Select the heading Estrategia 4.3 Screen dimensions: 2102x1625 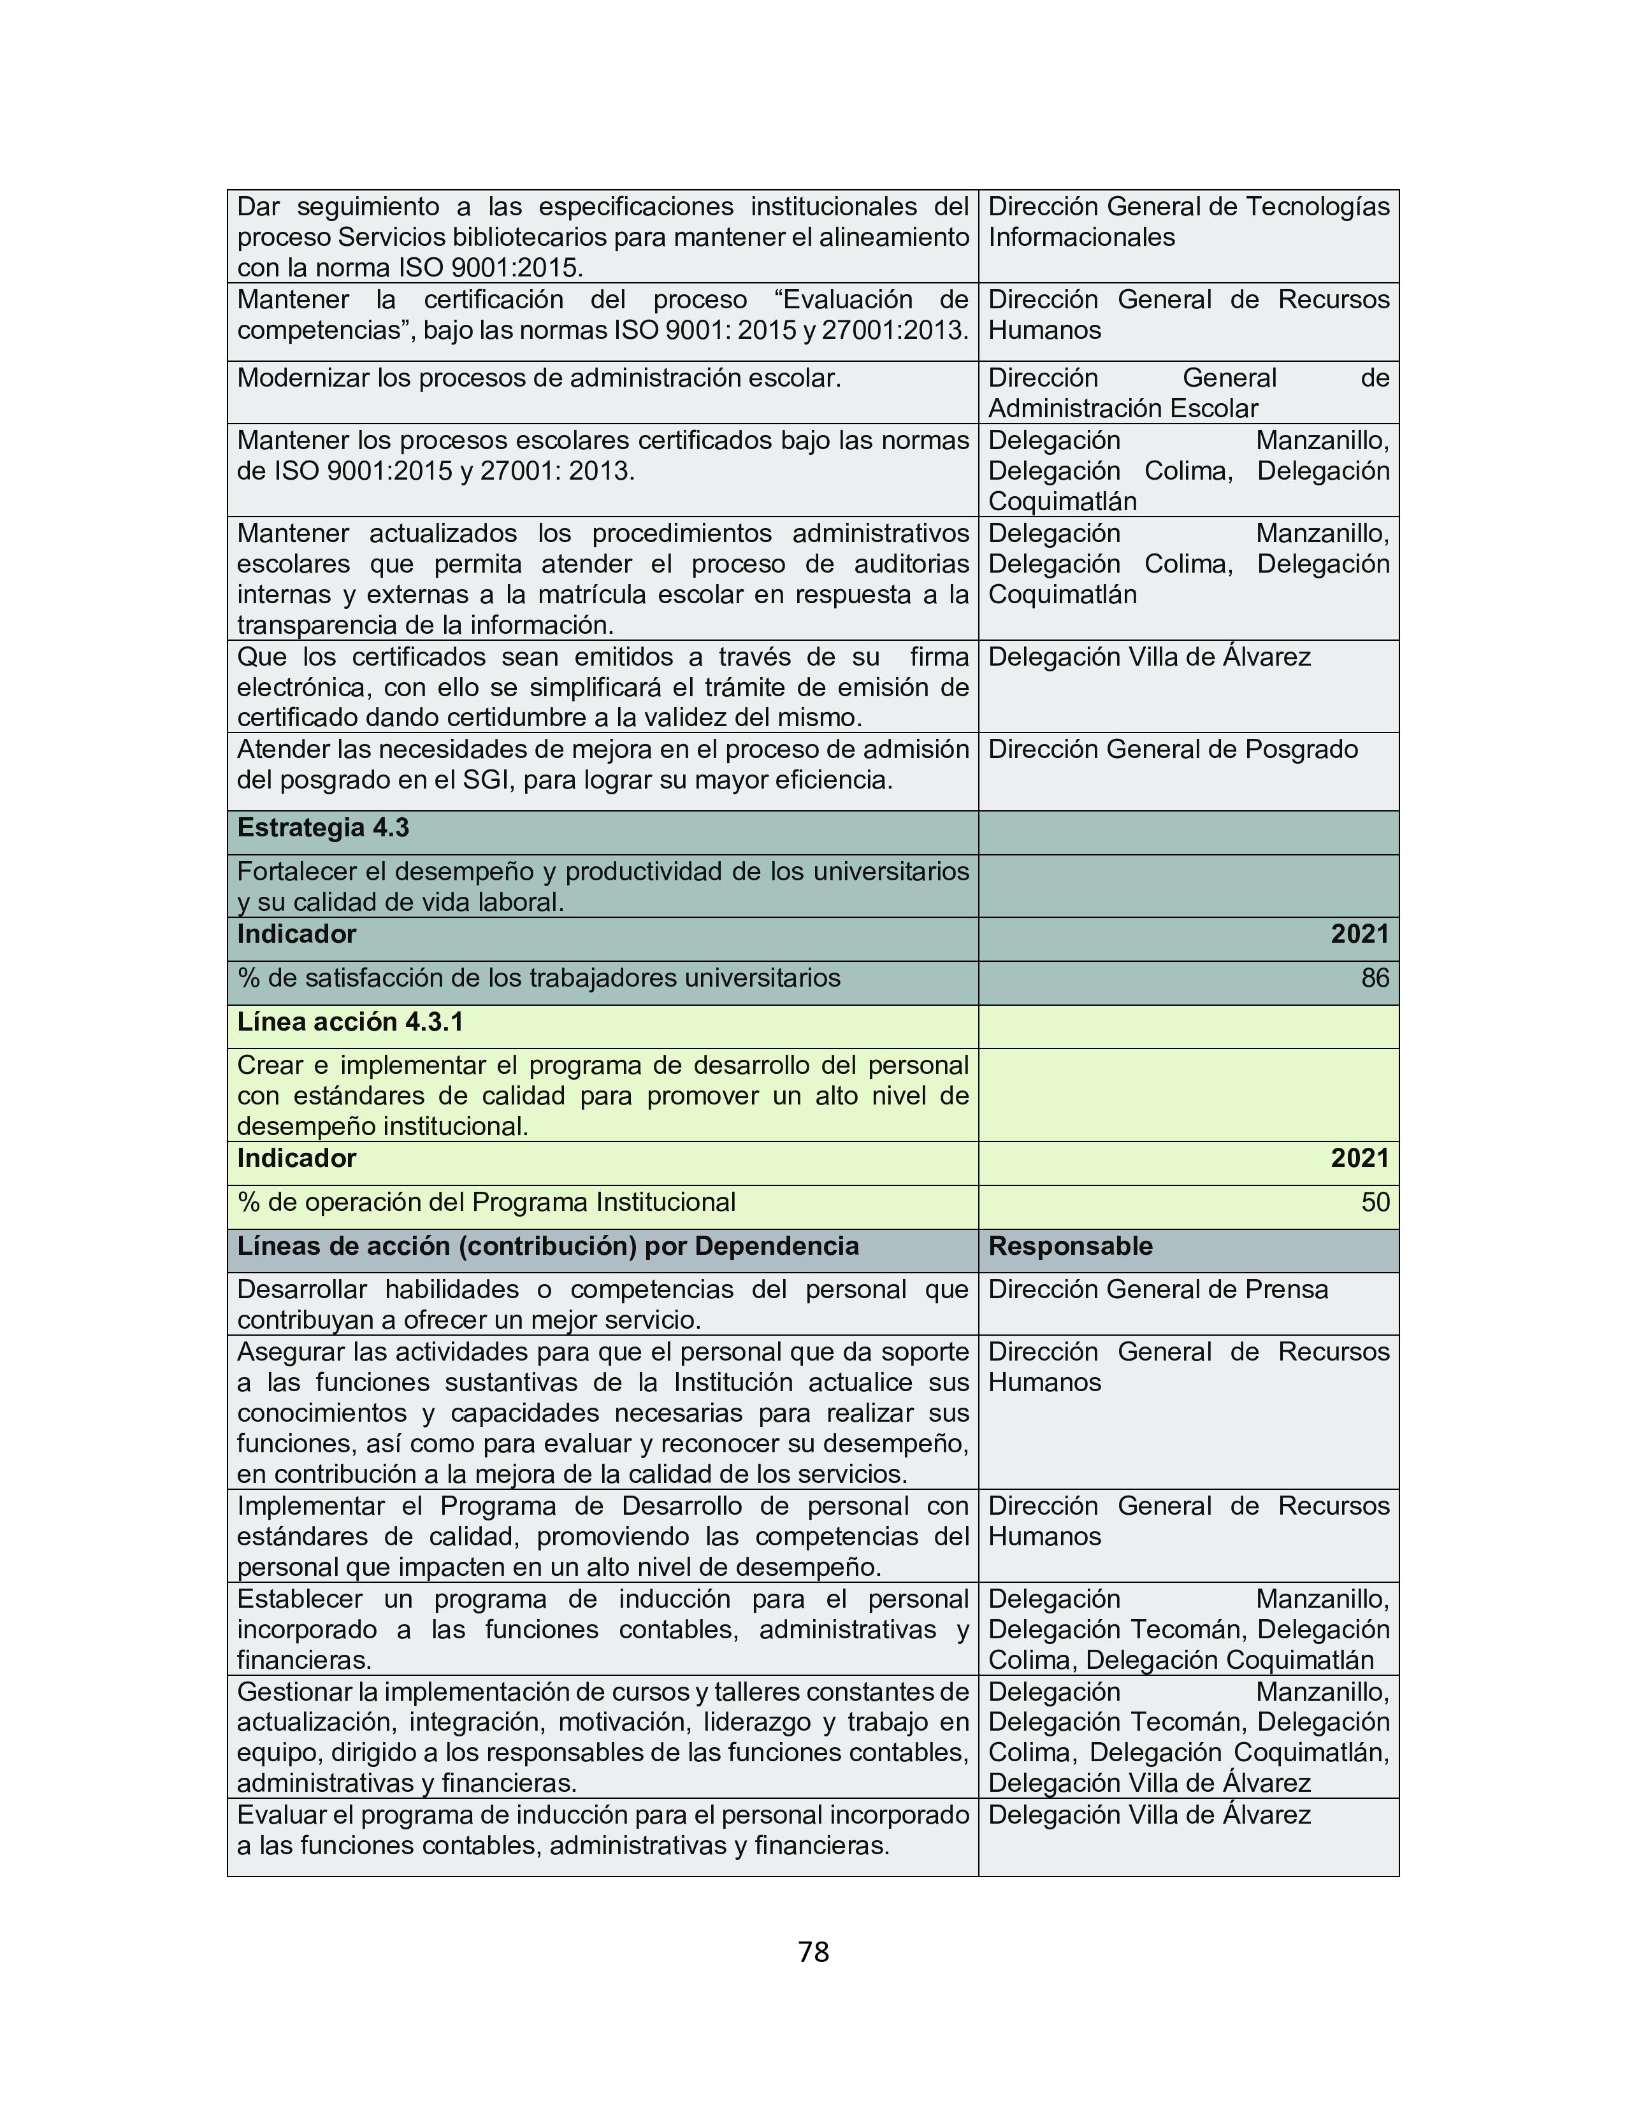tap(322, 827)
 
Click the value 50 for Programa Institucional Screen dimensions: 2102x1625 tap(1375, 1202)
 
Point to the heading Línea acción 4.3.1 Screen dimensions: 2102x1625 tap(349, 1022)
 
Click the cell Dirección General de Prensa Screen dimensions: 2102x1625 tap(1157, 1290)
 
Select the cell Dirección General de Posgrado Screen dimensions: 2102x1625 tap(1173, 750)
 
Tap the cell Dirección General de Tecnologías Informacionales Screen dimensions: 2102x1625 tap(1188, 222)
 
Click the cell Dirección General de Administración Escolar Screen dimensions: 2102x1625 tap(1188, 392)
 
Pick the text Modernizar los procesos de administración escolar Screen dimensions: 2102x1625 tap(539, 378)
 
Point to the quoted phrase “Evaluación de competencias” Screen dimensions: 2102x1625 tap(603, 315)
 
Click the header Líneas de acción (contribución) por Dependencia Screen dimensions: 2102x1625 tap(548, 1247)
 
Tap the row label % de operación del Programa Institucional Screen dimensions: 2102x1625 tap(486, 1202)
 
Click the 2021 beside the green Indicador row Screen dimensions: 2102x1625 tap(1359, 1159)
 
